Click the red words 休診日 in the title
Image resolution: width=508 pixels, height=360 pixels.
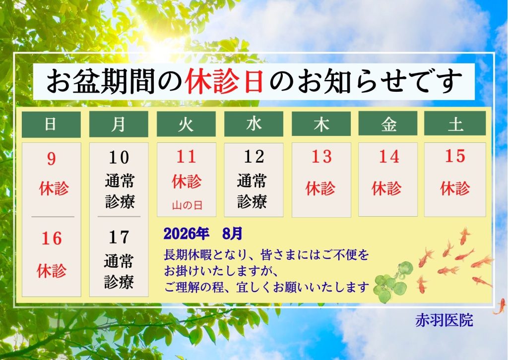[x=224, y=81]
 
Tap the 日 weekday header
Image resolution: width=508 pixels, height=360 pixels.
[x=51, y=124]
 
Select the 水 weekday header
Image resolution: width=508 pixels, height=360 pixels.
[x=254, y=124]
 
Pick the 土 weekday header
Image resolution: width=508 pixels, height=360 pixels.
[x=455, y=123]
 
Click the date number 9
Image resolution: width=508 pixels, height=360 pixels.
[x=52, y=159]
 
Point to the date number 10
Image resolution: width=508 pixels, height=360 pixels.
[x=119, y=158]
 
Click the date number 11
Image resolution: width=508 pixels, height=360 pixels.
[x=187, y=157]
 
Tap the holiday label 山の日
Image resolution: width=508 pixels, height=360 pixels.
[x=187, y=205]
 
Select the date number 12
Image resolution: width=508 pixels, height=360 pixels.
[x=254, y=157]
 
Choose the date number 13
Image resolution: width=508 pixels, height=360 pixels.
[x=321, y=157]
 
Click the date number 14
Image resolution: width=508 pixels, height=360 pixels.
[x=389, y=157]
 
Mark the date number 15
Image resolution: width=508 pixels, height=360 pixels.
[x=455, y=156]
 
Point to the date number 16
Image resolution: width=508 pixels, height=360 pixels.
[x=52, y=239]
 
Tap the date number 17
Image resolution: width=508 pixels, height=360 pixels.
[x=119, y=238]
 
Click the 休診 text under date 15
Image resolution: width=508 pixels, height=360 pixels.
[x=455, y=188]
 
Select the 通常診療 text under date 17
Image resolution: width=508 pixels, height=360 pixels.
[x=119, y=272]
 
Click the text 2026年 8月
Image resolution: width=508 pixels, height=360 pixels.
[x=203, y=234]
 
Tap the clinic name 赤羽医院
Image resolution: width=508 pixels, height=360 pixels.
[x=444, y=320]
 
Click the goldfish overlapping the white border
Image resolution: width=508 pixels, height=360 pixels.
[x=500, y=306]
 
